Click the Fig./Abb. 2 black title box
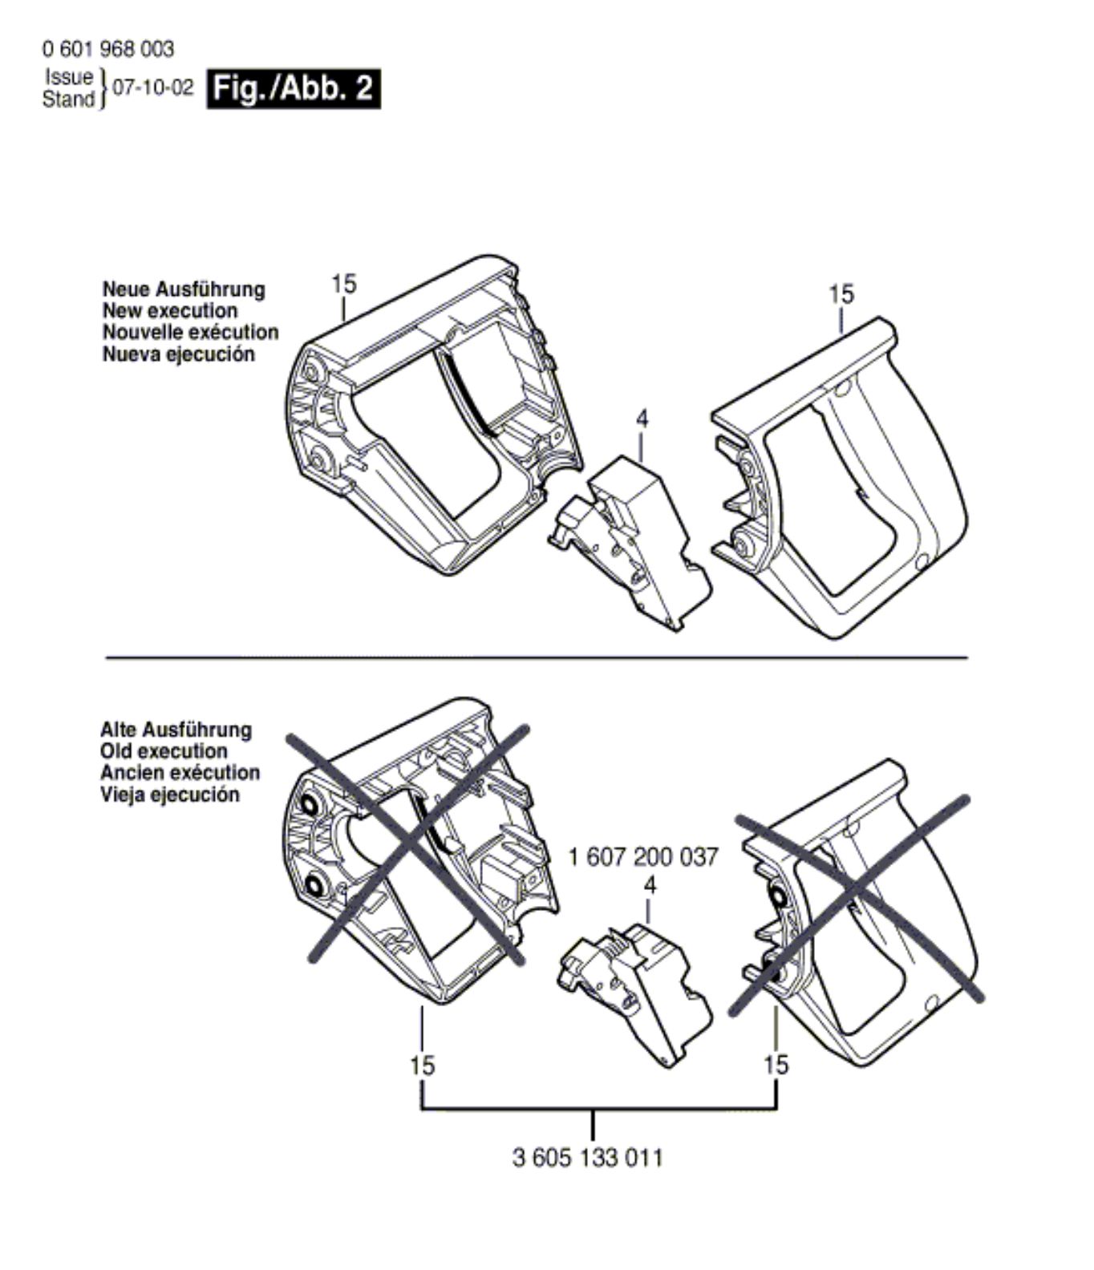(294, 89)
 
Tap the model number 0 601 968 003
(107, 50)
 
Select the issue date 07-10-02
(153, 88)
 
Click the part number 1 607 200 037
(643, 857)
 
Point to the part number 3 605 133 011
(588, 1158)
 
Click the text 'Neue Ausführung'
(184, 289)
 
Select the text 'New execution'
(170, 311)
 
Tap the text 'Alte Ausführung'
(176, 730)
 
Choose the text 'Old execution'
(164, 752)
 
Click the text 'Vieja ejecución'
(170, 795)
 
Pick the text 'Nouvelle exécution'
(191, 333)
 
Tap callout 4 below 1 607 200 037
(650, 886)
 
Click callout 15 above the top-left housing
(343, 285)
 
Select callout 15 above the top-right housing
(841, 294)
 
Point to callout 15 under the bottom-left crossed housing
(422, 1066)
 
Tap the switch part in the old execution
(634, 986)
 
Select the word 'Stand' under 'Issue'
(68, 99)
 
